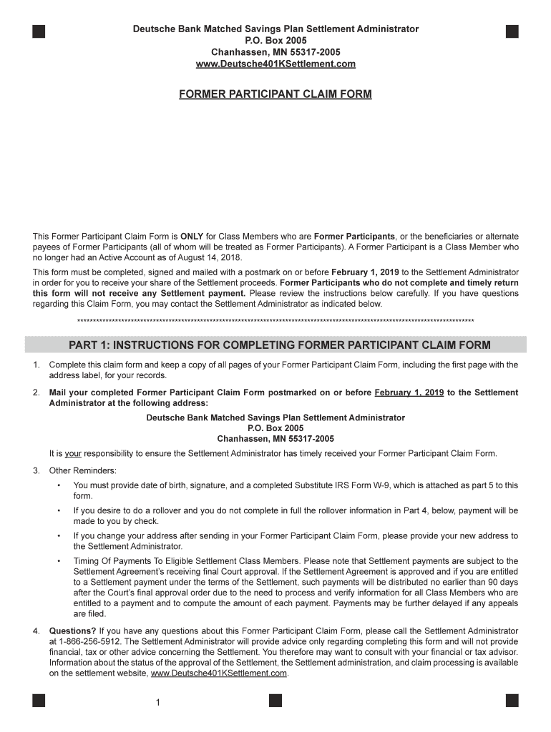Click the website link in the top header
coord(275,64)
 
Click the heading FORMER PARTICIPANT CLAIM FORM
coord(275,94)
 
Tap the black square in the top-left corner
coord(39,31)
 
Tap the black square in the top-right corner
coord(512,31)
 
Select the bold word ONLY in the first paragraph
coord(192,237)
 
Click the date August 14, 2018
coord(212,257)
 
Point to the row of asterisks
coord(275,321)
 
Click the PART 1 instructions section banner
coord(275,345)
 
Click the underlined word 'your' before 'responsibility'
coord(72,453)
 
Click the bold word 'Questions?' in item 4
coord(72,631)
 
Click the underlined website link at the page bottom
coord(219,673)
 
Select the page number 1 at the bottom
coord(157,703)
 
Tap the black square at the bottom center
coord(275,701)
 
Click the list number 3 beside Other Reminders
coord(36,470)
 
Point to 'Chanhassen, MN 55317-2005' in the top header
coord(275,53)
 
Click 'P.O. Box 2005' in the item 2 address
coord(275,428)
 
